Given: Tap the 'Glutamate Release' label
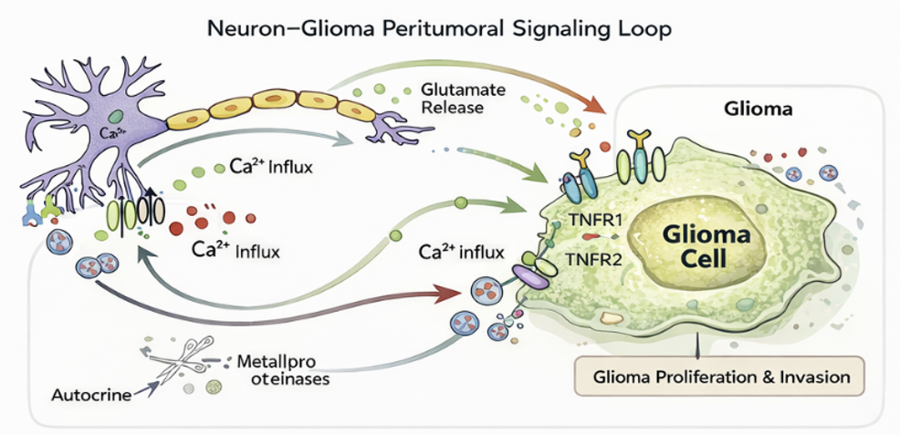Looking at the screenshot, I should pos(452,98).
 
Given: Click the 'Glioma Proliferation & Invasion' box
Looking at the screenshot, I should pos(720,376).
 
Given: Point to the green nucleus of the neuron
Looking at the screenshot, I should pos(117,117).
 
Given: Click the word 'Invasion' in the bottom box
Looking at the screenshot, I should pos(813,376).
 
